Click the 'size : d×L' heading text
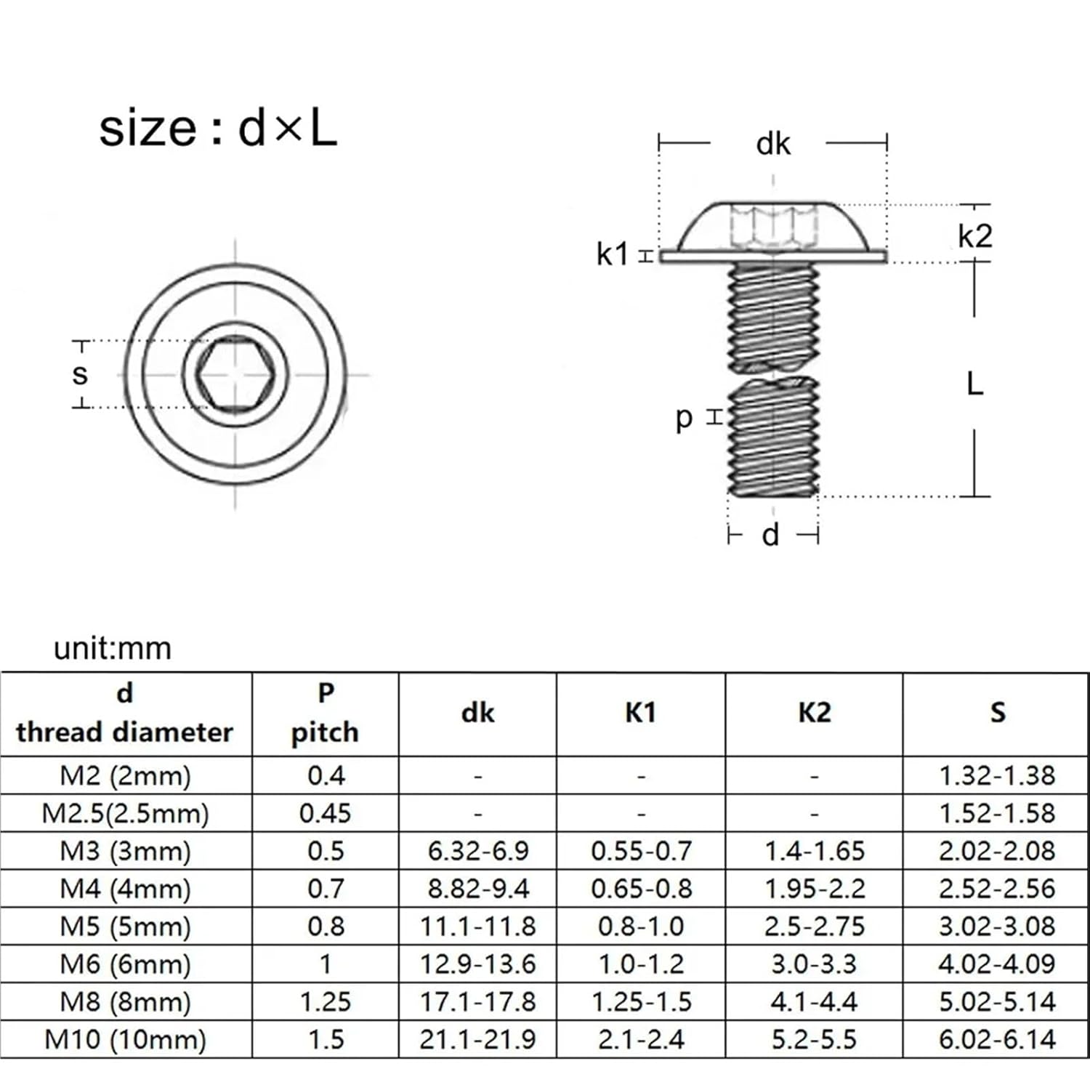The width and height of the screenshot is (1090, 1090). pos(218,129)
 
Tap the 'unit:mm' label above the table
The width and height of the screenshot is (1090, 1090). pos(113,648)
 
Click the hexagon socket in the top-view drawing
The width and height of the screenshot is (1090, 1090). pos(235,375)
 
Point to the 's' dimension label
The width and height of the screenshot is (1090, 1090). pos(80,374)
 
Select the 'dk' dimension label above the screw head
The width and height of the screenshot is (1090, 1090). pos(772,144)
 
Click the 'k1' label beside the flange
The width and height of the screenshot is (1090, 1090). pos(612,254)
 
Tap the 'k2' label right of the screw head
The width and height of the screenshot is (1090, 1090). pos(974,236)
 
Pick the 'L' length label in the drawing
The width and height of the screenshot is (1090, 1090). pos(974,383)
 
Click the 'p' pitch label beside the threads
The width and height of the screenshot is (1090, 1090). pos(684,418)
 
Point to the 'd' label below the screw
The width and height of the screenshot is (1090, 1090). pos(770,535)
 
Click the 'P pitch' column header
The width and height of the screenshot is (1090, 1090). pos(325,713)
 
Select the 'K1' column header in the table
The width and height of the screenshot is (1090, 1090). pos(640,713)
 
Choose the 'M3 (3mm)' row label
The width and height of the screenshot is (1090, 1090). pos(125,851)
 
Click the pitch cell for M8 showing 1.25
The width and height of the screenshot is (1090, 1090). pos(325,1002)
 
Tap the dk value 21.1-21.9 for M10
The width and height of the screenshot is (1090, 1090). pos(477,1040)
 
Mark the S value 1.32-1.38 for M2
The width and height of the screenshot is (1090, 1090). pos(996,775)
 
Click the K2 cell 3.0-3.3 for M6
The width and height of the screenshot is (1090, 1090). pos(814,964)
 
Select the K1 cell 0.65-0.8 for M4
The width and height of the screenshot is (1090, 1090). pos(641,889)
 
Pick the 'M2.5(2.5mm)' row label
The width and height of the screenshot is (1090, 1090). pos(125,813)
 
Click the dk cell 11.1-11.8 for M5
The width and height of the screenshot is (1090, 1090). pos(477,926)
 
